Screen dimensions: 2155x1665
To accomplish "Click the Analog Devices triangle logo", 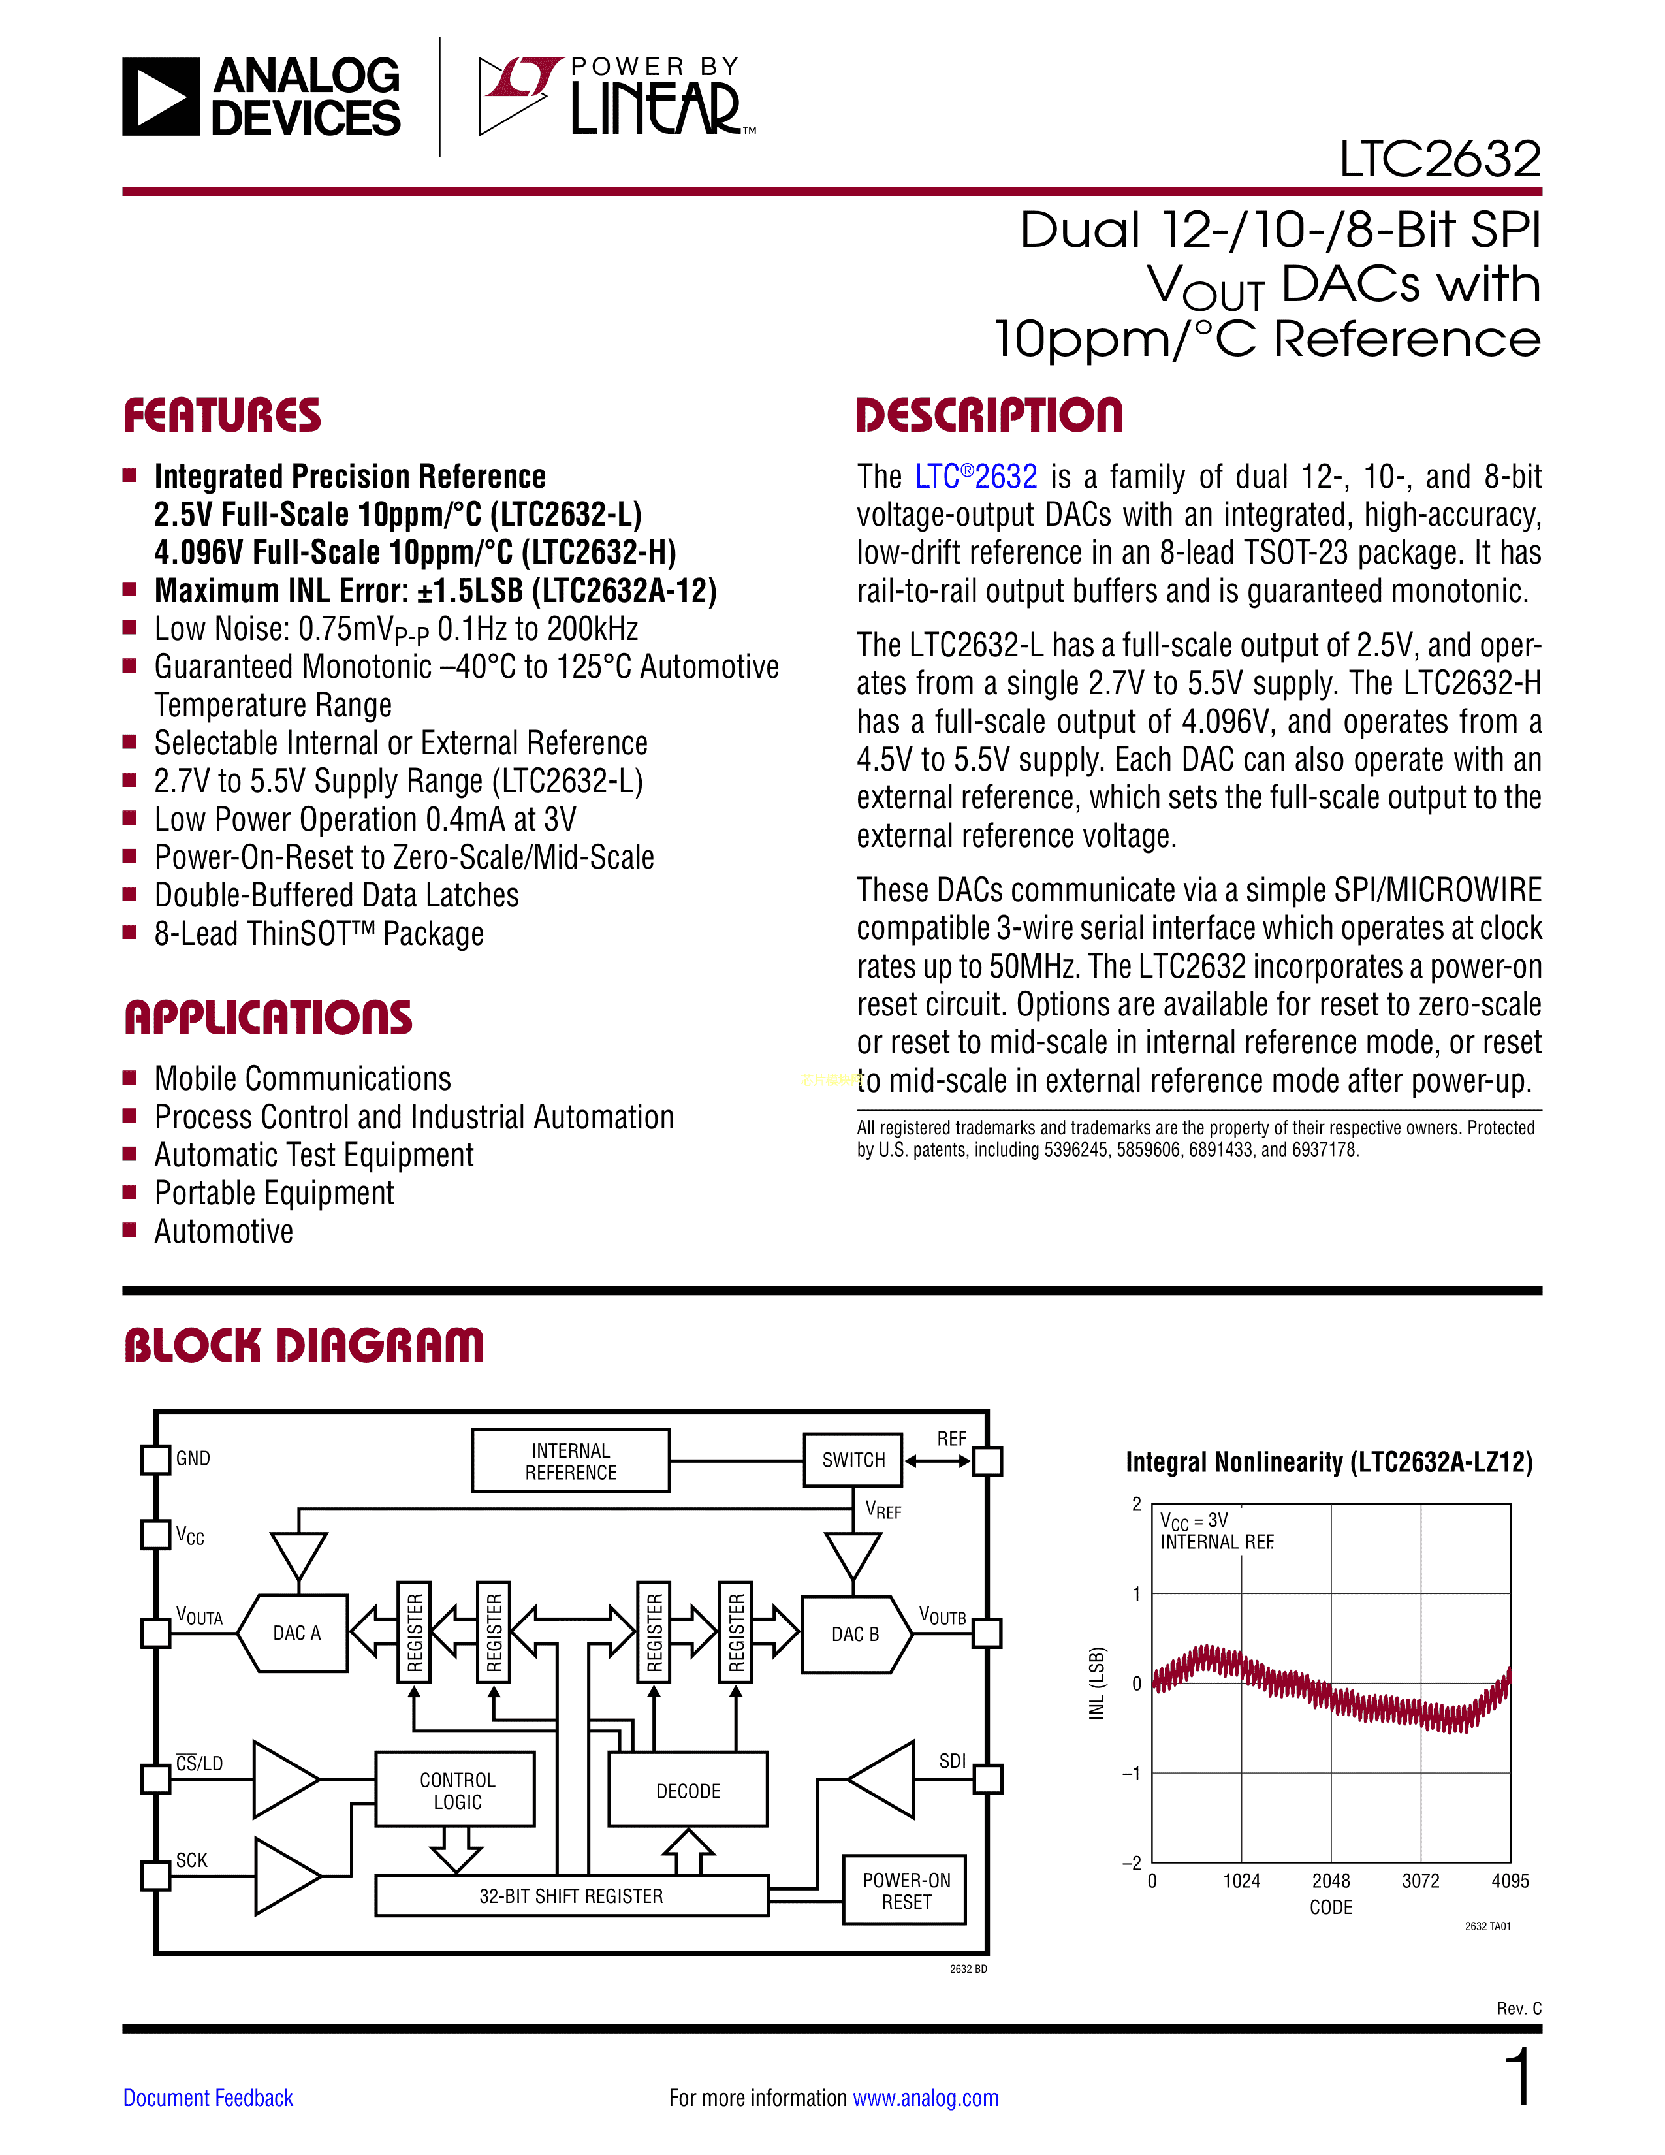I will tap(160, 97).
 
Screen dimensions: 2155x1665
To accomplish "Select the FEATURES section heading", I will tap(222, 415).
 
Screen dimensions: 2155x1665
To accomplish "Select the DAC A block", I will tap(296, 1633).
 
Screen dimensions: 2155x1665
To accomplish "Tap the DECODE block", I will tap(688, 1791).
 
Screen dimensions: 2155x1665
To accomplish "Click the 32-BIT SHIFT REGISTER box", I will tap(571, 1896).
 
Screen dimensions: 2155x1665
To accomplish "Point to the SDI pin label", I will tap(952, 1761).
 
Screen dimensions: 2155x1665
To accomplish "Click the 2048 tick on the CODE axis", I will tap(1331, 1881).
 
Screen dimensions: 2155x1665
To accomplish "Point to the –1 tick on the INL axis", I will tap(1132, 1773).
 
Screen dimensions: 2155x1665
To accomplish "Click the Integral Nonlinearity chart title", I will tap(1329, 1462).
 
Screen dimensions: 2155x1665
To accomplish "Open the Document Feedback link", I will tap(208, 2098).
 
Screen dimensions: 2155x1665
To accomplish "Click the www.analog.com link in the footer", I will tap(925, 2098).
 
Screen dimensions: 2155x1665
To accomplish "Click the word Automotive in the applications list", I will tap(224, 1232).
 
